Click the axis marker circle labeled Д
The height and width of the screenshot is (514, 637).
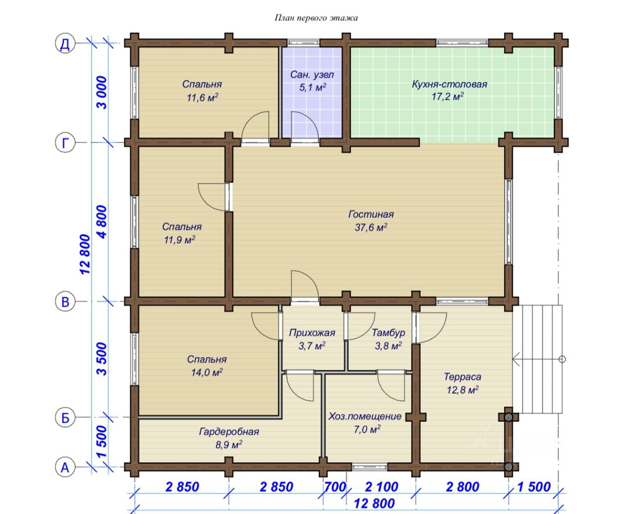(x=65, y=43)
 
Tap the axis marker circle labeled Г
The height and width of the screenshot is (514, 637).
(x=65, y=142)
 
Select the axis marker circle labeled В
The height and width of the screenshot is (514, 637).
(x=65, y=301)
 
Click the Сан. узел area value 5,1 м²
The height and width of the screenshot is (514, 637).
(x=313, y=87)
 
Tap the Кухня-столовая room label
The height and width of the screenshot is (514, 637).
(x=449, y=84)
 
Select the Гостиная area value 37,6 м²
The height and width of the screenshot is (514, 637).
(x=371, y=227)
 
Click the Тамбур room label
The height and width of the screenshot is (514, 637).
(x=388, y=333)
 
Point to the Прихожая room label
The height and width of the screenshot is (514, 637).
(x=312, y=333)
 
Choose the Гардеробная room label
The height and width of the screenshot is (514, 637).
(x=229, y=432)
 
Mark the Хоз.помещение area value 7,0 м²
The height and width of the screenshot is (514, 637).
(x=367, y=429)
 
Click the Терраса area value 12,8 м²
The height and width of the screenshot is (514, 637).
(x=463, y=389)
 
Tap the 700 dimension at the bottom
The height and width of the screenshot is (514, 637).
(x=335, y=487)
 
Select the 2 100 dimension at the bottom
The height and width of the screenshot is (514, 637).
(x=382, y=487)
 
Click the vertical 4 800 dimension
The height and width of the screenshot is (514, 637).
(x=102, y=222)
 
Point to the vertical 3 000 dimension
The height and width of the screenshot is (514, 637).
(x=102, y=93)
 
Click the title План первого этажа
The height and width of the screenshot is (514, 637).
(x=316, y=18)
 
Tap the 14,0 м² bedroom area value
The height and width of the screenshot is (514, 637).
(x=207, y=372)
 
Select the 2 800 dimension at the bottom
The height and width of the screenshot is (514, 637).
(x=462, y=487)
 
